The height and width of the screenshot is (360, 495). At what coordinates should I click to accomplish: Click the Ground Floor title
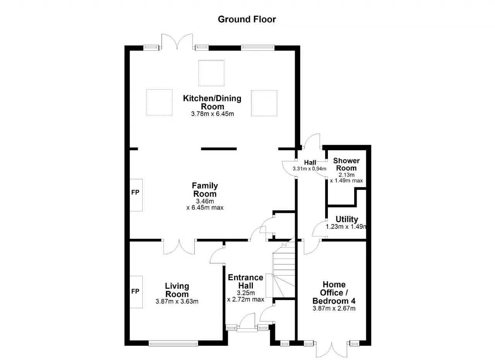(x=247, y=19)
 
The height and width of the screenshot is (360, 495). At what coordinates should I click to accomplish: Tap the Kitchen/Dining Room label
(x=212, y=102)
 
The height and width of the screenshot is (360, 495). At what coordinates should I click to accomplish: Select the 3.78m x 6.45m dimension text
(x=212, y=114)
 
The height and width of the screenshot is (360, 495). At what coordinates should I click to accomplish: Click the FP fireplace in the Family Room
(x=136, y=195)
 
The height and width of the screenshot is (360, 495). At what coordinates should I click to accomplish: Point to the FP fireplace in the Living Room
(x=136, y=292)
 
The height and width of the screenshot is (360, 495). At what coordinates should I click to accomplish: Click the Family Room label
(x=205, y=190)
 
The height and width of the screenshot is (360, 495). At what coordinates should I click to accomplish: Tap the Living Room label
(x=177, y=290)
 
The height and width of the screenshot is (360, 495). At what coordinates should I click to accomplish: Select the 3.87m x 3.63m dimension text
(x=177, y=302)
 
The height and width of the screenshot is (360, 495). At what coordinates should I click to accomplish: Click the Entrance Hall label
(x=246, y=281)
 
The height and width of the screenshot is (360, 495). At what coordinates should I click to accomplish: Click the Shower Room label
(x=346, y=164)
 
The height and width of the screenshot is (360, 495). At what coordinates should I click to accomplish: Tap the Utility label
(x=347, y=219)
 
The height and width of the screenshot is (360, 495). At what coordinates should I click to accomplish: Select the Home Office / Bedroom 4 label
(x=334, y=293)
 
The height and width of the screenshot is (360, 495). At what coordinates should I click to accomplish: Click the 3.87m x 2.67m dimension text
(x=334, y=308)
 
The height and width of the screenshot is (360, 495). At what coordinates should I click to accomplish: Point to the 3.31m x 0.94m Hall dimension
(x=309, y=169)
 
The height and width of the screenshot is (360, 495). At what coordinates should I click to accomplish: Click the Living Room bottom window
(x=174, y=343)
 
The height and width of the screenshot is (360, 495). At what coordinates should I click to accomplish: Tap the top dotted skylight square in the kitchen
(x=211, y=73)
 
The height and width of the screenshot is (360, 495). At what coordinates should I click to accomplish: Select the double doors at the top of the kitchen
(x=177, y=42)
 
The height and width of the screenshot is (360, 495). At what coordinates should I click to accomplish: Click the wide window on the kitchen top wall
(x=258, y=48)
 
